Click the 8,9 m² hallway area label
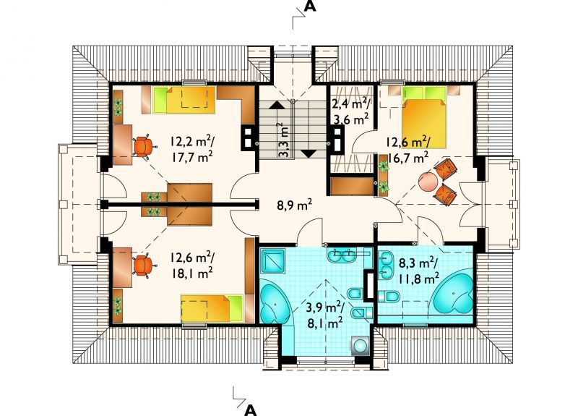click(295, 204)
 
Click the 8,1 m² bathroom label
click(325, 323)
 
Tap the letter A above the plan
click(310, 7)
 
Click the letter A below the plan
click(250, 409)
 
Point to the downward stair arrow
click(309, 154)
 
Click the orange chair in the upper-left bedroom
click(144, 146)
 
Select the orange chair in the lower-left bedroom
click(143, 266)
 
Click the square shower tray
click(273, 260)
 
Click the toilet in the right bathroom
click(389, 297)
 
